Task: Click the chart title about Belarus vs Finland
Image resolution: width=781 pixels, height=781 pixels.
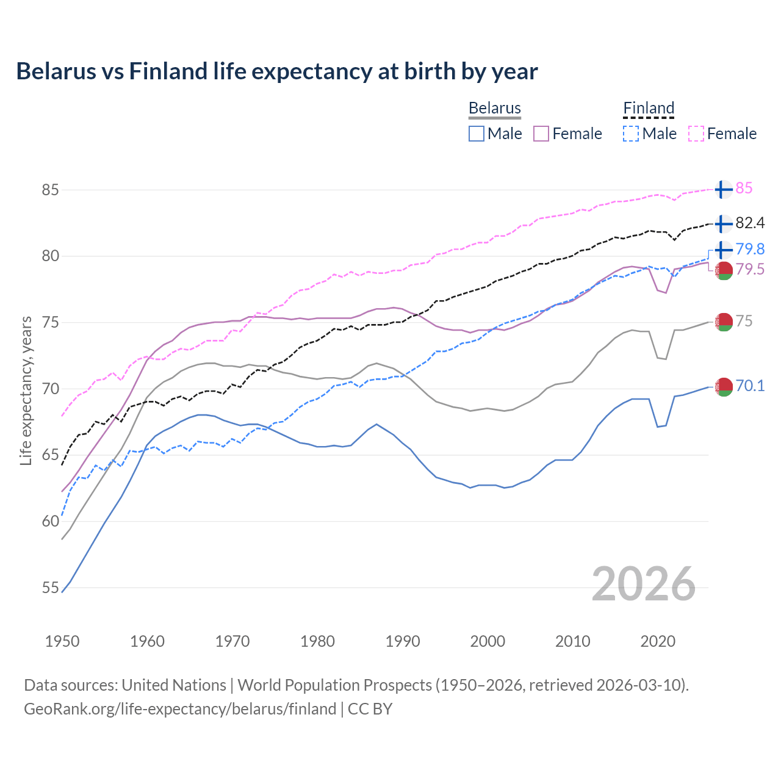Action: [x=276, y=71]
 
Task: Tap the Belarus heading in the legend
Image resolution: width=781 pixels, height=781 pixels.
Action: [x=494, y=108]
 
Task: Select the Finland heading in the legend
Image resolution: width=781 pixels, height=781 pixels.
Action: [x=649, y=108]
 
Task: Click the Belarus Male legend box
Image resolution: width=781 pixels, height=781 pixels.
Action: [x=477, y=134]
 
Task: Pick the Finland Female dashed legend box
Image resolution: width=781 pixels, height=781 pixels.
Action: [x=696, y=134]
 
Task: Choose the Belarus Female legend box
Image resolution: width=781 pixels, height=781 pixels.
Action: [x=541, y=134]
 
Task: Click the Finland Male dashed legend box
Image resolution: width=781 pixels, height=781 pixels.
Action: [x=631, y=134]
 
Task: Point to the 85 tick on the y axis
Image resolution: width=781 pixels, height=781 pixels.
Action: [x=50, y=190]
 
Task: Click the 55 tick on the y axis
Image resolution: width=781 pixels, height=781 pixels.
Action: [x=50, y=588]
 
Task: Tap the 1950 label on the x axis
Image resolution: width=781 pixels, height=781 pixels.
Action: [x=62, y=641]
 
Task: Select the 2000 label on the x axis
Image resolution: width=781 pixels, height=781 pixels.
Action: [x=488, y=641]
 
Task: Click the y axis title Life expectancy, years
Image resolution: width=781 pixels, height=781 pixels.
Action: [x=26, y=390]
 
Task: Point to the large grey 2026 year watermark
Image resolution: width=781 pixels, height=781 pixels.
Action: [x=643, y=584]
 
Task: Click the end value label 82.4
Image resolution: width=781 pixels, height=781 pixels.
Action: [x=750, y=223]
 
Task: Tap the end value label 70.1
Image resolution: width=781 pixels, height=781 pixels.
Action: [x=750, y=386]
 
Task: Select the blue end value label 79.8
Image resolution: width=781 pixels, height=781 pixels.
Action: [x=750, y=249]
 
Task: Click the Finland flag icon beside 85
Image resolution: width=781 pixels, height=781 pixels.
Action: [x=723, y=189]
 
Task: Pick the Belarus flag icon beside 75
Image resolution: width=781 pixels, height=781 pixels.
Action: [x=723, y=322]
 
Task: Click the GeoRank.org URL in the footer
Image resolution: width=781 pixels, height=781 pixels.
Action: [x=180, y=709]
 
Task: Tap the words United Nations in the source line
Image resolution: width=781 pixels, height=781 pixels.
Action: [x=174, y=685]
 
